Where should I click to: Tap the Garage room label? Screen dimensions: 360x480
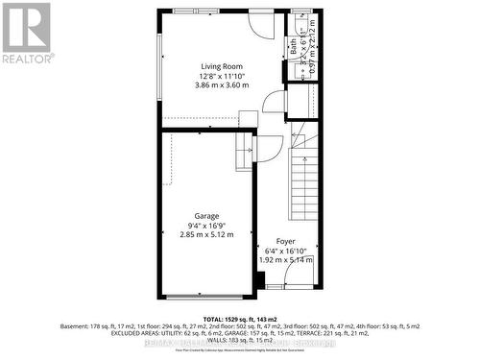(x=206, y=216)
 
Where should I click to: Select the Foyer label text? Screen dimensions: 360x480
(x=285, y=241)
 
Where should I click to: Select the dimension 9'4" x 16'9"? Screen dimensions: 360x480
(x=206, y=227)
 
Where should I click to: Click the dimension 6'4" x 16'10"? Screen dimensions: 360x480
(x=285, y=252)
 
